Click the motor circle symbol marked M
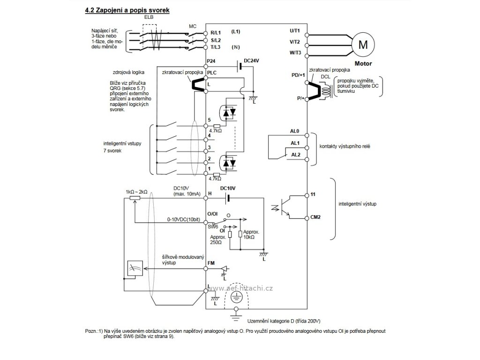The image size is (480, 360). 363,45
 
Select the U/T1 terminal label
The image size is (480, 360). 295,30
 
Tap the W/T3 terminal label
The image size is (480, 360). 295,52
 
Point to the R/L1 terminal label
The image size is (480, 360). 216,33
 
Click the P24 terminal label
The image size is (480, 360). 211,62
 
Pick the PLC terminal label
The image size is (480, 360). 212,73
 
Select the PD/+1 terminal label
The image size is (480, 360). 297,75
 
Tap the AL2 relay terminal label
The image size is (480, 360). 295,154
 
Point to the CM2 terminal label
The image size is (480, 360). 315,217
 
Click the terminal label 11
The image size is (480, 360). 313,194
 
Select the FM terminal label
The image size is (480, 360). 211,264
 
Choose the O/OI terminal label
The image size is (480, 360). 213,214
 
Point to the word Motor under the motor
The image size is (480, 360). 363,62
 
